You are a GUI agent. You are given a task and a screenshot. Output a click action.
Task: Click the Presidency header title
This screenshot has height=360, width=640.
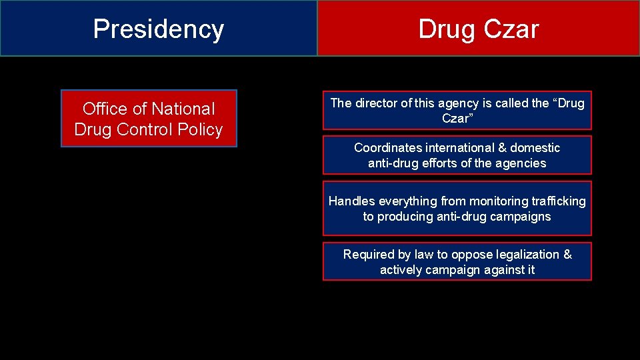(159, 29)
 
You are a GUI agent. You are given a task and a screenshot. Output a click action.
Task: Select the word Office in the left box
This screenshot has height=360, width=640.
(103, 109)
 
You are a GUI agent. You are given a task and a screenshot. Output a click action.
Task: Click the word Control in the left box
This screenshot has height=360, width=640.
(152, 129)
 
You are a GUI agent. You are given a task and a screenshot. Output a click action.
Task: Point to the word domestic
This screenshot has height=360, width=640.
(535, 147)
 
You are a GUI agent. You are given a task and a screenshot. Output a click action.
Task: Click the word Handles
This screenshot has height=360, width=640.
(352, 201)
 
